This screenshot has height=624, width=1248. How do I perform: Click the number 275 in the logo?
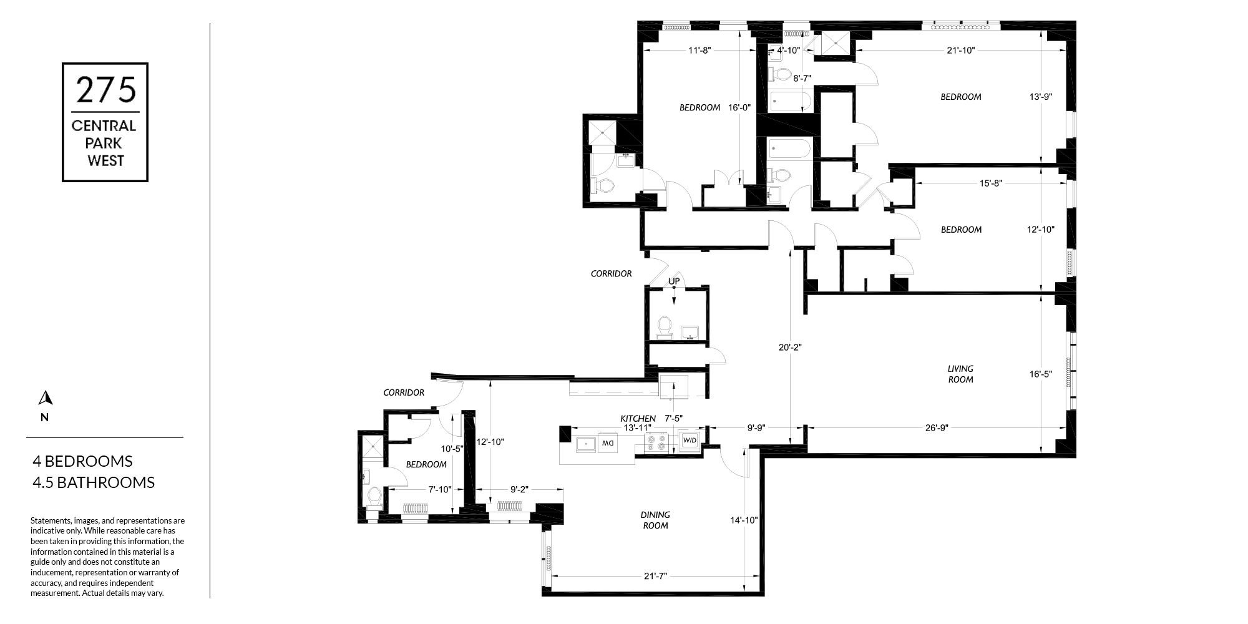pos(105,90)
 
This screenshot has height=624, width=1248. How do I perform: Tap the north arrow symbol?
pos(44,397)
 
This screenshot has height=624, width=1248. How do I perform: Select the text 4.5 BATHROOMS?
pos(94,482)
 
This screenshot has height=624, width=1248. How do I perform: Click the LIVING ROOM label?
pos(960,374)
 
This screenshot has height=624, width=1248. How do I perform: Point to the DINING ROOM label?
pos(655,520)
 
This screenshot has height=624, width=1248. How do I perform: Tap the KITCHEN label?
pos(638,418)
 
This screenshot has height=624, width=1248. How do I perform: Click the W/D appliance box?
pos(690,441)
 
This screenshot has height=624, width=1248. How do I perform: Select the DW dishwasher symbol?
pos(607,444)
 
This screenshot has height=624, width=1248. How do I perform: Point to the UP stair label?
pos(674,281)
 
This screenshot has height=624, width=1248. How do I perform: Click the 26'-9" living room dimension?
pos(937,428)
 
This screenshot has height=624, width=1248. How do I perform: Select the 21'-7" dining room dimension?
pos(656,576)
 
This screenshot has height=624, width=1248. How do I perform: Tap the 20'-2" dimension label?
pos(790,348)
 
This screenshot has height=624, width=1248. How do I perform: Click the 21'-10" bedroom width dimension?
pos(960,51)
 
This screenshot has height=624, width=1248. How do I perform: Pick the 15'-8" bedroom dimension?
pos(990,183)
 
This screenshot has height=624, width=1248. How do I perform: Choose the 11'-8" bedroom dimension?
pos(700,51)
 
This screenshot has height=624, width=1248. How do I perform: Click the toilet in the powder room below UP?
pos(665,326)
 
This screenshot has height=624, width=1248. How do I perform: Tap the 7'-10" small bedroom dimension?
pos(440,490)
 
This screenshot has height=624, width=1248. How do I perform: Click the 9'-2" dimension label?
pos(519,490)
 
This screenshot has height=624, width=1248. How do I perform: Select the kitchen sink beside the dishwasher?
pos(586,444)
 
